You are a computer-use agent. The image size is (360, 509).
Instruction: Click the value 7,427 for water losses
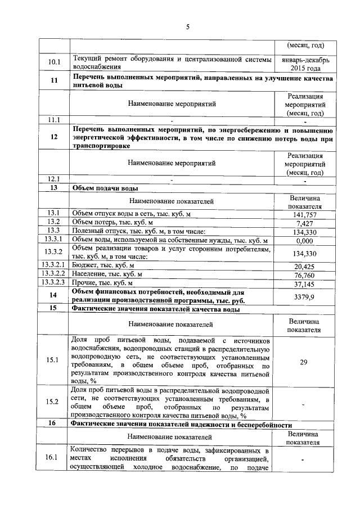pyautogui.click(x=305, y=224)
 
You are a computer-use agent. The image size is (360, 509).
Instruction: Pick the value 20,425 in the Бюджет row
pyautogui.click(x=305, y=266)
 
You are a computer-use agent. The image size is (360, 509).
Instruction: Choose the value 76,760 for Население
pyautogui.click(x=305, y=275)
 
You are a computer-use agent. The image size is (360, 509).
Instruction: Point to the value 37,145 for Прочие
pyautogui.click(x=305, y=284)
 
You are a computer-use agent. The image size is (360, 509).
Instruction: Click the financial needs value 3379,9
pyautogui.click(x=305, y=296)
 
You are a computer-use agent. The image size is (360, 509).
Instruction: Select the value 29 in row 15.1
pyautogui.click(x=304, y=362)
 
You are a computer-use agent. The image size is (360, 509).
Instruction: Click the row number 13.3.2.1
pyautogui.click(x=54, y=265)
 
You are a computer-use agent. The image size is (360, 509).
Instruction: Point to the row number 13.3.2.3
pyautogui.click(x=54, y=283)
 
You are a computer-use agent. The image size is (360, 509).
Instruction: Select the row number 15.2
pyautogui.click(x=54, y=402)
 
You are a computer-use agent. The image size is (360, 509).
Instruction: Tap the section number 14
pyautogui.click(x=54, y=296)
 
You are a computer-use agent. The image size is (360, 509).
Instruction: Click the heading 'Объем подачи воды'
pyautogui.click(x=106, y=188)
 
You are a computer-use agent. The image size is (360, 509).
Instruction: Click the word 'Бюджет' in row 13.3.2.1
pyautogui.click(x=85, y=266)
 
